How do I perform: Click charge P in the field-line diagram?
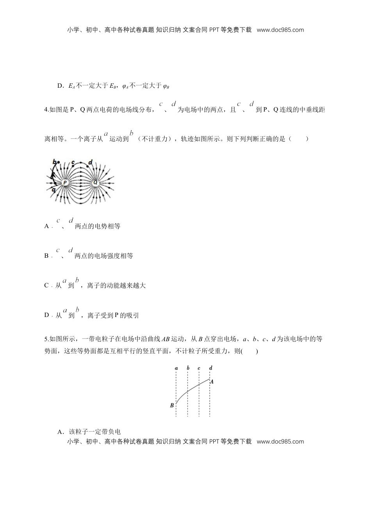pyautogui.click(x=65, y=182)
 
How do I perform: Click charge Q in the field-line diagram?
pyautogui.click(x=95, y=182)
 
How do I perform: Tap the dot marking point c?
pyautogui.click(x=73, y=166)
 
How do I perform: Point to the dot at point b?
pyautogui.click(x=59, y=162)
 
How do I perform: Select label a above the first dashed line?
pyautogui.click(x=177, y=368)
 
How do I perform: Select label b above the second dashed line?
pyautogui.click(x=188, y=368)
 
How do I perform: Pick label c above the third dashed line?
pyautogui.click(x=199, y=368)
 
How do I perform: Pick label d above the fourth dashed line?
pyautogui.click(x=211, y=368)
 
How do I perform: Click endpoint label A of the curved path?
pyautogui.click(x=212, y=382)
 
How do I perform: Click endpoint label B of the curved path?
pyautogui.click(x=172, y=405)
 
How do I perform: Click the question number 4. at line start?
pyautogui.click(x=47, y=110)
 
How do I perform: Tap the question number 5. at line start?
pyautogui.click(x=47, y=339)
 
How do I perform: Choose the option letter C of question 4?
pyautogui.click(x=46, y=286)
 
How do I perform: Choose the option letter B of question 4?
pyautogui.click(x=46, y=256)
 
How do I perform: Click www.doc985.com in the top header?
pyautogui.click(x=280, y=30)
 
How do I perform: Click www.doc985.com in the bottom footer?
pyautogui.click(x=280, y=441)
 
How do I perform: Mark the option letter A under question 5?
pyautogui.click(x=60, y=432)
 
